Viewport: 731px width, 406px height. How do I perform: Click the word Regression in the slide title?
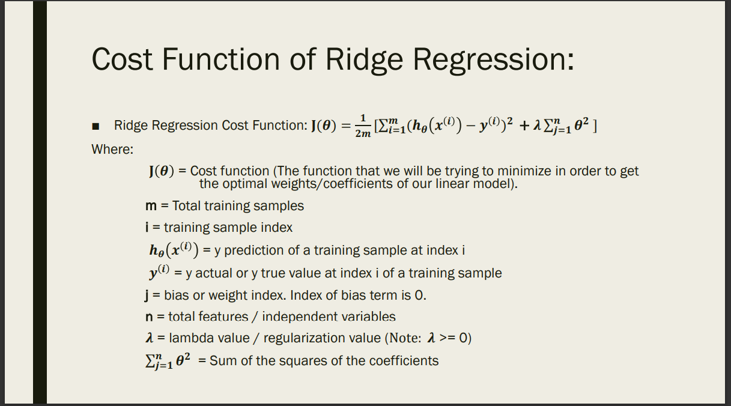[492, 59]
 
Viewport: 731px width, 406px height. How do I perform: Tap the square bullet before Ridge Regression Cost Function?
[96, 126]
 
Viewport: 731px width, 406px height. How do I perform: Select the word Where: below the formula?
[112, 149]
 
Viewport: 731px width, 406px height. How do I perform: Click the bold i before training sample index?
[150, 228]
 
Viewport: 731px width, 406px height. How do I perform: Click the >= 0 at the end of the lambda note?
[455, 338]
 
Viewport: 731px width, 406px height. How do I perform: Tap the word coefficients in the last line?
[404, 361]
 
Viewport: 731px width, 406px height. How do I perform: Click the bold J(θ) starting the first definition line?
[161, 171]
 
